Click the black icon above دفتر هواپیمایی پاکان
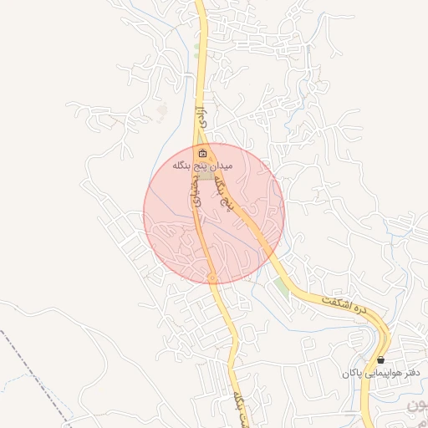(381, 359)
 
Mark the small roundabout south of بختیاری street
(212, 278)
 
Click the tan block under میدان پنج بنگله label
(206, 176)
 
